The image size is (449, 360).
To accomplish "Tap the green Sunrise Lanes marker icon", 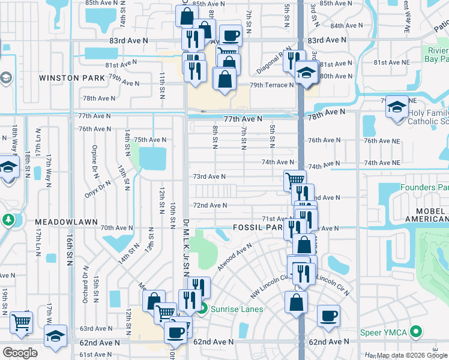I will point(203,310).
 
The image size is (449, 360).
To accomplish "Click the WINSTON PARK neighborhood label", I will point(68,78).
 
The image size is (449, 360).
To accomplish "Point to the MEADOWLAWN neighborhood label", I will point(66,222).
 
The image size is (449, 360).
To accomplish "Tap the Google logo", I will point(20,353).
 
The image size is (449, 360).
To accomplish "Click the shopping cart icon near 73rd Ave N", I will point(295,179).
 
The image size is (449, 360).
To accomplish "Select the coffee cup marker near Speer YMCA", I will point(328,315).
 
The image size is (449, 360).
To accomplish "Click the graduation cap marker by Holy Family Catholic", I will point(396,107).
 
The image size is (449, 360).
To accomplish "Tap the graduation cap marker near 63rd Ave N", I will point(55,335).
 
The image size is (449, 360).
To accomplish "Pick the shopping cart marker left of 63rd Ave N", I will point(22,322).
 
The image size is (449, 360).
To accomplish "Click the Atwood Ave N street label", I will point(235,257).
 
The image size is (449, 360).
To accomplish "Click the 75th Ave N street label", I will point(149,140).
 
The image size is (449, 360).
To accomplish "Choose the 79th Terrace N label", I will point(272,85).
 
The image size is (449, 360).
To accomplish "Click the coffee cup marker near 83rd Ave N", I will point(231,35).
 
